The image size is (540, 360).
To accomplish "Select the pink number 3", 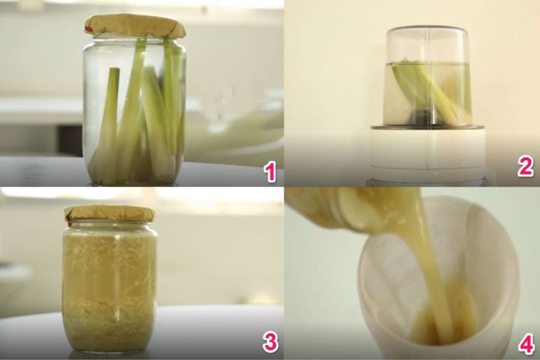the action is pos(271,342).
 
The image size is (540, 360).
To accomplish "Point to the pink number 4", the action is pos(526,343).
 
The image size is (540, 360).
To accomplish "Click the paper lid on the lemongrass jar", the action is pos(135,25).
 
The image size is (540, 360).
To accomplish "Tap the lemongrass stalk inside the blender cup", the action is pos(430,90).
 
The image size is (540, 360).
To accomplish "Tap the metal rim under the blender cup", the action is pos(428,127).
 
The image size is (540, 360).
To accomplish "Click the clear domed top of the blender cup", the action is pos(427,43).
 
